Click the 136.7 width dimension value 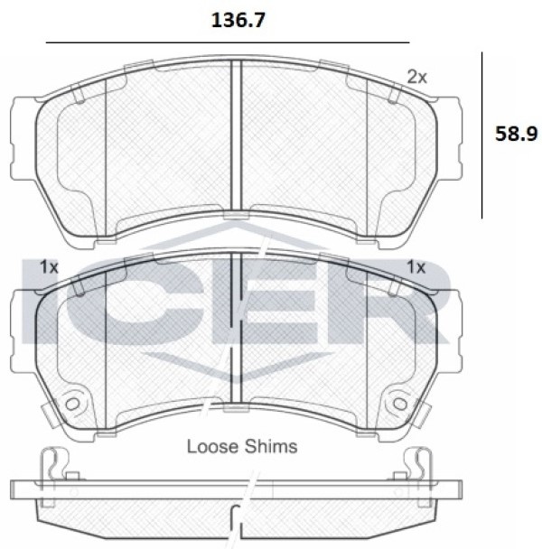pyautogui.click(x=238, y=21)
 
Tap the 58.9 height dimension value pyautogui.click(x=516, y=134)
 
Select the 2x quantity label pyautogui.click(x=416, y=77)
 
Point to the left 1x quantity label pyautogui.click(x=49, y=267)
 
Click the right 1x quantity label pyautogui.click(x=416, y=267)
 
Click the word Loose pyautogui.click(x=212, y=446)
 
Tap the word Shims pyautogui.click(x=270, y=446)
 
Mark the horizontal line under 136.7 pyautogui.click(x=228, y=42)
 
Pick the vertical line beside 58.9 pyautogui.click(x=481, y=135)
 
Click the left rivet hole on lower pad pyautogui.click(x=72, y=404)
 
